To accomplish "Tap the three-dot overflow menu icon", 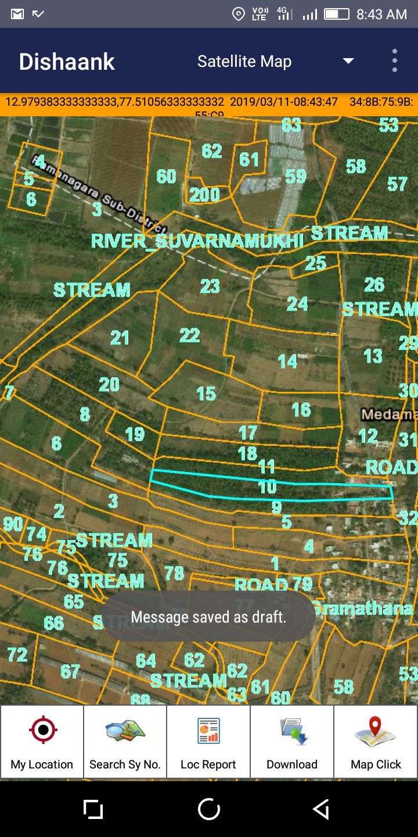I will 395,61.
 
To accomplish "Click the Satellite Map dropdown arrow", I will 348,61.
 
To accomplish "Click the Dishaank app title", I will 67,62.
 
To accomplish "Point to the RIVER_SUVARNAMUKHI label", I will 197,241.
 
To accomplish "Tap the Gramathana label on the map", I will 363,609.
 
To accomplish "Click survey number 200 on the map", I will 204,195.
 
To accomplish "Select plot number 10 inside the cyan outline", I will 267,487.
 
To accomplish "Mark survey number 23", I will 210,286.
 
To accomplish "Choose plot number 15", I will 206,394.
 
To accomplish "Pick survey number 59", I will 296,176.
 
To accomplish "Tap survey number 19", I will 135,434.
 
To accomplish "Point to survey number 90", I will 13,524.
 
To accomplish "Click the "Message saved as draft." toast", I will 208,617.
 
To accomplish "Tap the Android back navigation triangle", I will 321,809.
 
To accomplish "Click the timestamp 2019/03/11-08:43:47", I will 284,102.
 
